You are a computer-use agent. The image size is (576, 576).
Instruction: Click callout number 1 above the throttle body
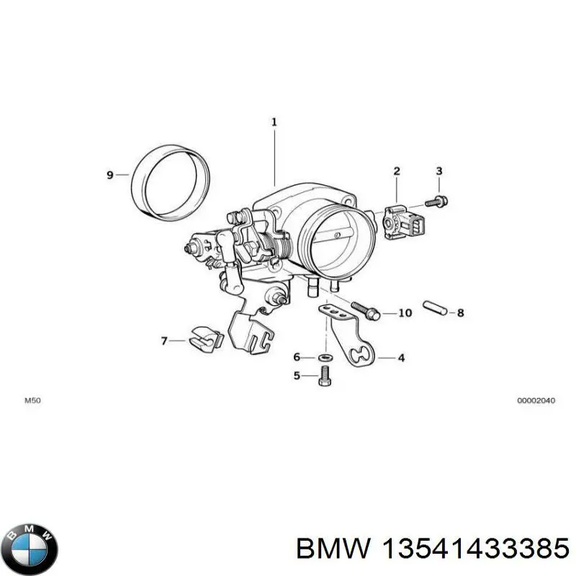[x=274, y=122]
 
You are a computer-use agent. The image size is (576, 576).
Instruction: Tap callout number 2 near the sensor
[x=396, y=171]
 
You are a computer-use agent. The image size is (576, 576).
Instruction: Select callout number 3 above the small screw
[x=438, y=171]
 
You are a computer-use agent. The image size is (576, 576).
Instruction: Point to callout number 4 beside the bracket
[x=401, y=357]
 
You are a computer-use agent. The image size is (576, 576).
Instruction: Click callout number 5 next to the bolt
[x=296, y=375]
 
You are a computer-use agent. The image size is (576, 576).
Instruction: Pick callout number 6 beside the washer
[x=296, y=357]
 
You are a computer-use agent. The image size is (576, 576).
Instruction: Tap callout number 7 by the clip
[x=163, y=341]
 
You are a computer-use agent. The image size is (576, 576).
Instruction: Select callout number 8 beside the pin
[x=461, y=312]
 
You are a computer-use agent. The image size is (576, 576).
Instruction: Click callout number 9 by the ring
[x=110, y=175]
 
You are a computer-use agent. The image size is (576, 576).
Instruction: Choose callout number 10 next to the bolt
[x=405, y=313]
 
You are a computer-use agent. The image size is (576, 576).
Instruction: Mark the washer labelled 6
[x=324, y=357]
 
